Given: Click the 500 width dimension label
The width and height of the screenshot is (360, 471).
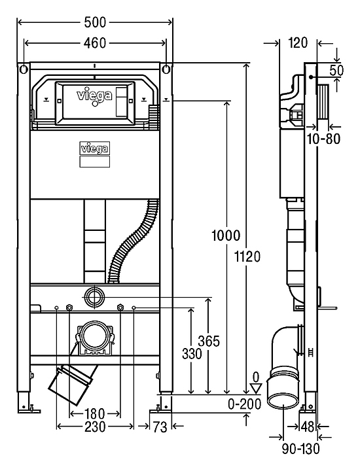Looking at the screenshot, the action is pyautogui.click(x=95, y=22).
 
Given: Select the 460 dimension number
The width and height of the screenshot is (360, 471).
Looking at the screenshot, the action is pyautogui.click(x=95, y=43).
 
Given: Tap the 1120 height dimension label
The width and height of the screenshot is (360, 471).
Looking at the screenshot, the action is pyautogui.click(x=247, y=257).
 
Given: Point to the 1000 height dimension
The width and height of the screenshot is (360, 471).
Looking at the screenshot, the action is pyautogui.click(x=226, y=235).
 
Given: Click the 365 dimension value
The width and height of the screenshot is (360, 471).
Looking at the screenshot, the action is pyautogui.click(x=209, y=341).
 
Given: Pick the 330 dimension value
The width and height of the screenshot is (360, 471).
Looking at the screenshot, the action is pyautogui.click(x=192, y=354).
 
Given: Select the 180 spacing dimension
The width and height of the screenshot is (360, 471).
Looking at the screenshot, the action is pyautogui.click(x=94, y=414).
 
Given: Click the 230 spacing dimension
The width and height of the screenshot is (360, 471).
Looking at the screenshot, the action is pyautogui.click(x=95, y=427).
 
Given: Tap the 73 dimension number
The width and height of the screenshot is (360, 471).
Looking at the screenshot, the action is pyautogui.click(x=160, y=427).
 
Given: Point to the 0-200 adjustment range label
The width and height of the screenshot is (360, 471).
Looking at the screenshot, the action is pyautogui.click(x=245, y=404).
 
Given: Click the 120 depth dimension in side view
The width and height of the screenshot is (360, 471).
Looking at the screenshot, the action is pyautogui.click(x=298, y=43).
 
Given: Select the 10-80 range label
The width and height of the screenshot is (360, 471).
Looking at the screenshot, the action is pyautogui.click(x=323, y=139).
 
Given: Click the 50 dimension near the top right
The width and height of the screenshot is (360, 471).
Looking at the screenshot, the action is pyautogui.click(x=336, y=70).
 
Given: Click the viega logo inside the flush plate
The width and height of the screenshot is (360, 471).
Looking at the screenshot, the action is pyautogui.click(x=95, y=96).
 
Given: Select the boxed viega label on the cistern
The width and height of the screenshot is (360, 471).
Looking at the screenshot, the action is pyautogui.click(x=95, y=148).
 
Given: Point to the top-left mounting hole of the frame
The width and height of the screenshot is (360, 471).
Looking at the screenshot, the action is pyautogui.click(x=24, y=69).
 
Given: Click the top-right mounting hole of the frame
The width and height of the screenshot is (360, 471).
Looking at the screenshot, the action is pyautogui.click(x=166, y=69).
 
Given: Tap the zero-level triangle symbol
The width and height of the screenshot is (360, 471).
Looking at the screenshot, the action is pyautogui.click(x=256, y=388).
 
